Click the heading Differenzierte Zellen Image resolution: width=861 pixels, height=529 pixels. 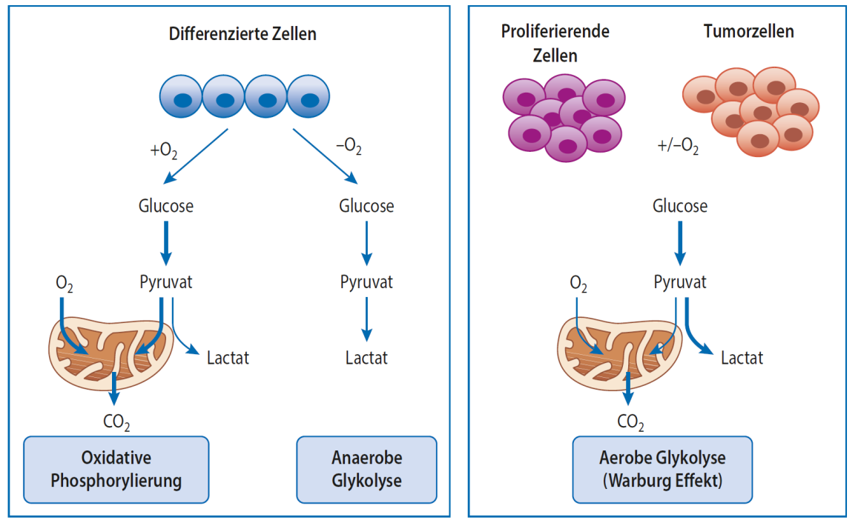pyautogui.click(x=243, y=34)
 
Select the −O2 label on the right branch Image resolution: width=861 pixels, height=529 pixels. pyautogui.click(x=349, y=147)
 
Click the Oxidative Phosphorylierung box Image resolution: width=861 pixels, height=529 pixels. pyautogui.click(x=116, y=469)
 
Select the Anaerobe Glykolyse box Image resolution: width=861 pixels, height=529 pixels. pyautogui.click(x=366, y=469)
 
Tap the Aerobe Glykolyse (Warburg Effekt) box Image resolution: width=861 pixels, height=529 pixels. pyautogui.click(x=662, y=469)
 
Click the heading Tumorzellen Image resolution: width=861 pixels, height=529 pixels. pyautogui.click(x=748, y=32)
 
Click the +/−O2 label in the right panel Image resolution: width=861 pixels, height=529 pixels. pyautogui.click(x=678, y=145)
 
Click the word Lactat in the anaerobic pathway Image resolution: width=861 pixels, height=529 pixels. pyautogui.click(x=366, y=359)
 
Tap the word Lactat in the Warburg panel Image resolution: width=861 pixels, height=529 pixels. pyautogui.click(x=742, y=359)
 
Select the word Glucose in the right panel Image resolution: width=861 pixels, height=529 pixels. pyautogui.click(x=679, y=206)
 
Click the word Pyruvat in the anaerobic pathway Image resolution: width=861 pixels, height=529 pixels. pyautogui.click(x=366, y=282)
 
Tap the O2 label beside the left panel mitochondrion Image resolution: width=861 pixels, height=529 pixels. pyautogui.click(x=65, y=284)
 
